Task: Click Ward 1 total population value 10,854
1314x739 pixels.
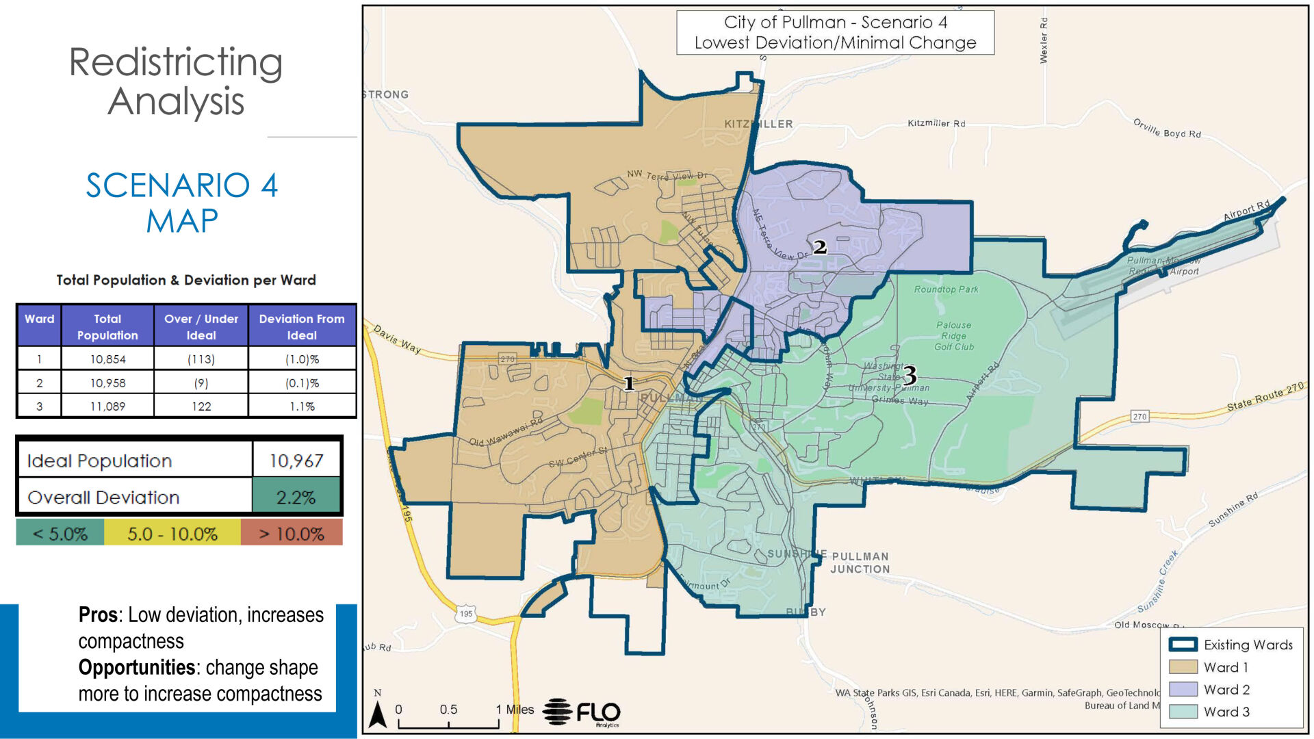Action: tap(107, 359)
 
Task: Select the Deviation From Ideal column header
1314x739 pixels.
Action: tap(301, 327)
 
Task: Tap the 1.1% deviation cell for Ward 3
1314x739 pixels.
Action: tap(301, 406)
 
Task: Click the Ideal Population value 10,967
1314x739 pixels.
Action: tap(296, 461)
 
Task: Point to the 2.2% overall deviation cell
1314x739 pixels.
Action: tap(296, 497)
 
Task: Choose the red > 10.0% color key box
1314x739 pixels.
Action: tap(291, 534)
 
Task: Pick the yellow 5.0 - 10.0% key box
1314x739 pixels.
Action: tap(172, 534)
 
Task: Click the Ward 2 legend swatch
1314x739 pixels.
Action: tap(1183, 690)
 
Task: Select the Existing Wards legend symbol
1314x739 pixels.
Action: tap(1183, 645)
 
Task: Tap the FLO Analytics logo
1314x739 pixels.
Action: tap(582, 713)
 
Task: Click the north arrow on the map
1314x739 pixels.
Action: tap(378, 713)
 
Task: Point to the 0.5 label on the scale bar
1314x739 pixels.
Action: tap(448, 710)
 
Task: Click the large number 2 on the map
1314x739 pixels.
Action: tap(820, 247)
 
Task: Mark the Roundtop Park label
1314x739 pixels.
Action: tap(946, 289)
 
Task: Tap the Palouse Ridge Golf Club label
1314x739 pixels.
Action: tap(953, 336)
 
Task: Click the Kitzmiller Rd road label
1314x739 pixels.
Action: tap(936, 123)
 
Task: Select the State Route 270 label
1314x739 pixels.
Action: tap(1265, 398)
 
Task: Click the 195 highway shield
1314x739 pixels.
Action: tap(466, 614)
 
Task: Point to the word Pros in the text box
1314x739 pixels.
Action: tap(98, 614)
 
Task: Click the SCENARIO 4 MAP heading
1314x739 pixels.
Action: tap(181, 203)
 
